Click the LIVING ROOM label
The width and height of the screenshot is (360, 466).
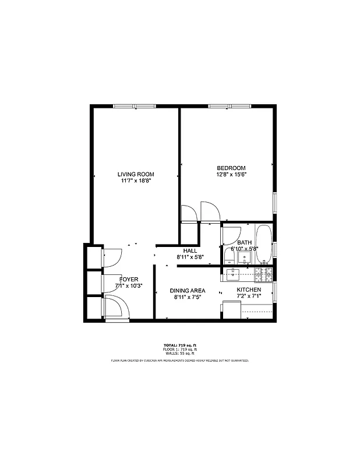pyautogui.click(x=135, y=174)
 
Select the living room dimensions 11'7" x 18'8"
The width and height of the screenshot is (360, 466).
pyautogui.click(x=135, y=181)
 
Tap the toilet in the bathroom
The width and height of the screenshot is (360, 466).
pyautogui.click(x=227, y=257)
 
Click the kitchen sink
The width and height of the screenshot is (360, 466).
pyautogui.click(x=234, y=274)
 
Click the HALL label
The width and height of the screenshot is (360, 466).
pyautogui.click(x=190, y=250)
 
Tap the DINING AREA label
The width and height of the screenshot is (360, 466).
pyautogui.click(x=187, y=291)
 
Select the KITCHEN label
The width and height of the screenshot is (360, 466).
pyautogui.click(x=249, y=290)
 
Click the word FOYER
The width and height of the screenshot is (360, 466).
pyautogui.click(x=129, y=280)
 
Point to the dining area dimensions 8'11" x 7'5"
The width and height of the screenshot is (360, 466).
pyautogui.click(x=187, y=297)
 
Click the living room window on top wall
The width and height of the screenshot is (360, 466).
pyautogui.click(x=134, y=106)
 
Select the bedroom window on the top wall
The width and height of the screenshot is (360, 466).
pyautogui.click(x=229, y=106)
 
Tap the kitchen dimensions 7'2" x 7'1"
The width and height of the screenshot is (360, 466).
pyautogui.click(x=249, y=296)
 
